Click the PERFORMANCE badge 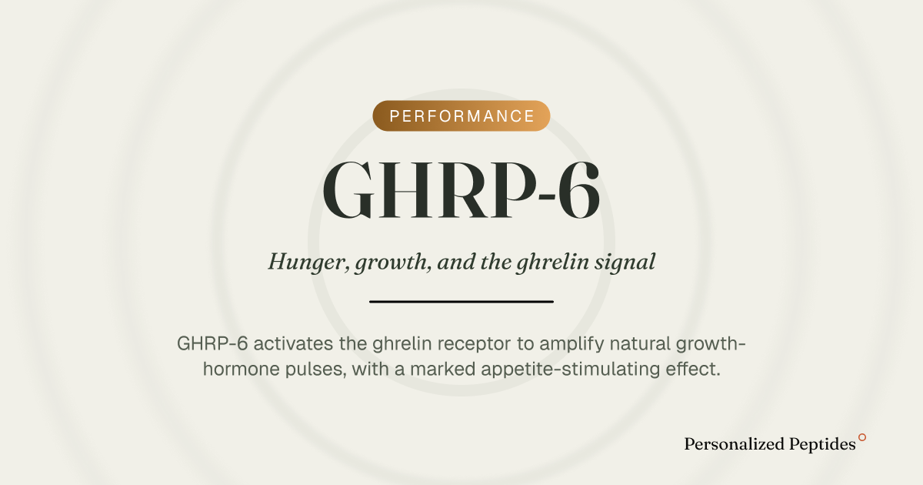tap(461, 116)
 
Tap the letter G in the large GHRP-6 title tap(348, 189)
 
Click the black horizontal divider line tap(461, 302)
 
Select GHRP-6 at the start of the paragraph tap(212, 343)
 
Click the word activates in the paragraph tap(293, 343)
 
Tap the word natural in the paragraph tap(640, 343)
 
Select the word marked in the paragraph tap(443, 369)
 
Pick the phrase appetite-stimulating tap(571, 370)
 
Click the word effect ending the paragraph tap(693, 369)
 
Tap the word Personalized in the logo tap(735, 444)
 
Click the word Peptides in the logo tap(822, 445)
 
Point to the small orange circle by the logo tap(862, 437)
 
